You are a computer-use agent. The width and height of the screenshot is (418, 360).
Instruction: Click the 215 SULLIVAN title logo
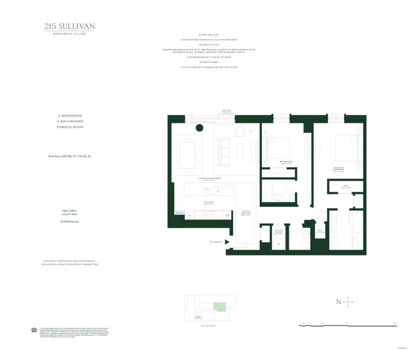coord(70,26)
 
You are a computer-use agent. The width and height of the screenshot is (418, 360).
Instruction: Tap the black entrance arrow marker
coord(227,242)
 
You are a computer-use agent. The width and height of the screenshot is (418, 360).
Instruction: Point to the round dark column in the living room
coord(199,128)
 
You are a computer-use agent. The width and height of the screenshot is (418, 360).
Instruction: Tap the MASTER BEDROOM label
coord(338,169)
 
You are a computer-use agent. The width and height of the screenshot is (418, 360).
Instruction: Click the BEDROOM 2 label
coord(286,161)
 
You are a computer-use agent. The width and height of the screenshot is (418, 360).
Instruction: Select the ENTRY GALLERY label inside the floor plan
coord(246,214)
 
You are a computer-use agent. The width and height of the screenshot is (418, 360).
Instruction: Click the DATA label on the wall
coord(179,213)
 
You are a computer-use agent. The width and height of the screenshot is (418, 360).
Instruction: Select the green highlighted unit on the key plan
coord(218,307)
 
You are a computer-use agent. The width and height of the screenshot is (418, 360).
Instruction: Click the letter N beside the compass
coord(338,302)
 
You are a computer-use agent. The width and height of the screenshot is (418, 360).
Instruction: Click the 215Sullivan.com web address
coord(69,222)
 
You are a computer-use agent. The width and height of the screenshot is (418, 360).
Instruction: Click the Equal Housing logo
coord(33,330)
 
